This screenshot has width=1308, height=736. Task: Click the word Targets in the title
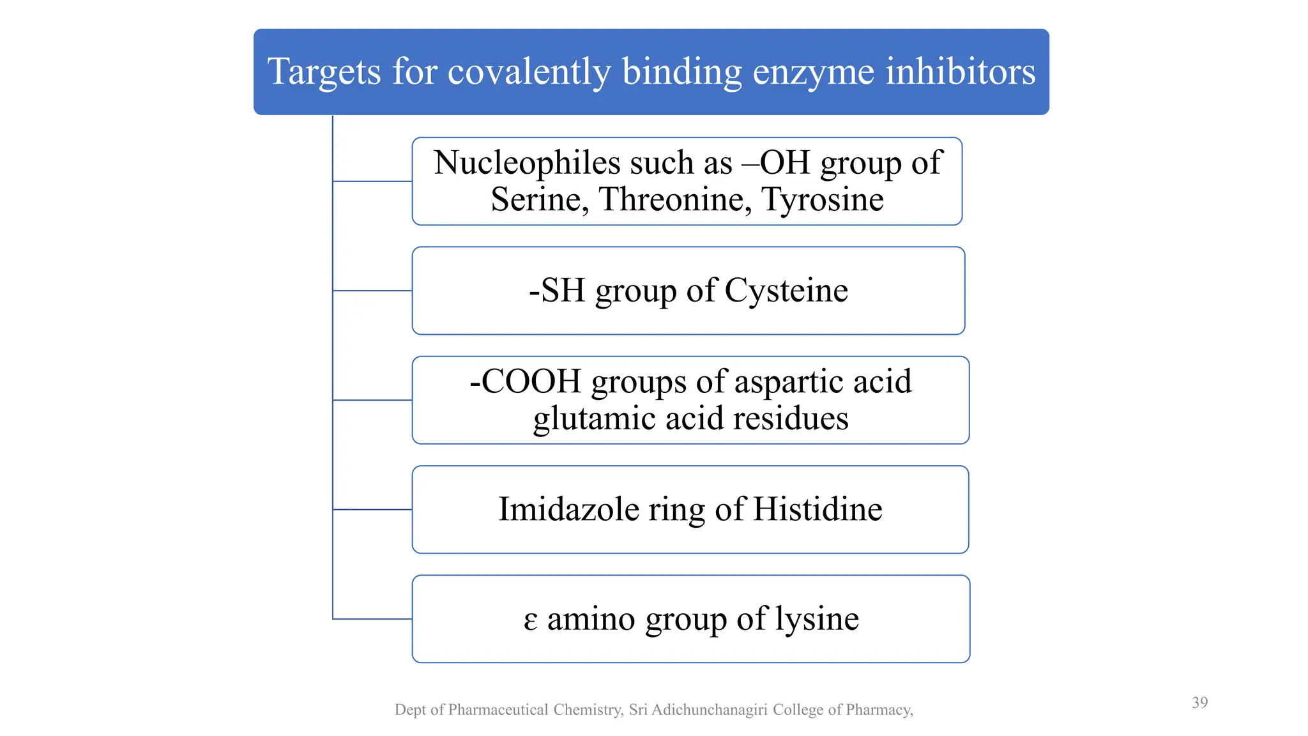tap(324, 72)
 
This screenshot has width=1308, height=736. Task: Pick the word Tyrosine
tap(823, 199)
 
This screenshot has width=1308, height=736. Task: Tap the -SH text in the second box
tap(557, 291)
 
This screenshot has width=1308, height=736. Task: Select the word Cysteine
tap(786, 291)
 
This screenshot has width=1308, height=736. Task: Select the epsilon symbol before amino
tap(530, 620)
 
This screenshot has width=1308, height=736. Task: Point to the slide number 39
tap(1199, 703)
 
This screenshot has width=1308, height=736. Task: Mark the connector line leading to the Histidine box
tap(372, 510)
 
